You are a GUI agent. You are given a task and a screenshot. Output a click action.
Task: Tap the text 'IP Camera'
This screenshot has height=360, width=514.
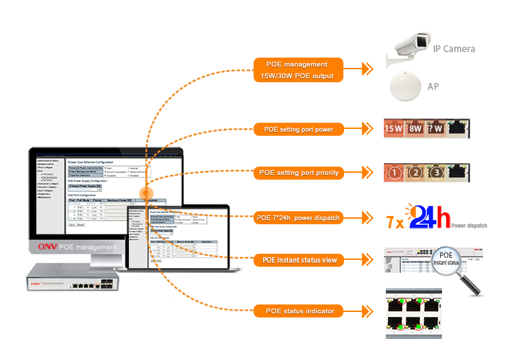[x=454, y=49]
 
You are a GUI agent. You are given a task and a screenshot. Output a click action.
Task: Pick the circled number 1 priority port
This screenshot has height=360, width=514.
[x=394, y=173]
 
